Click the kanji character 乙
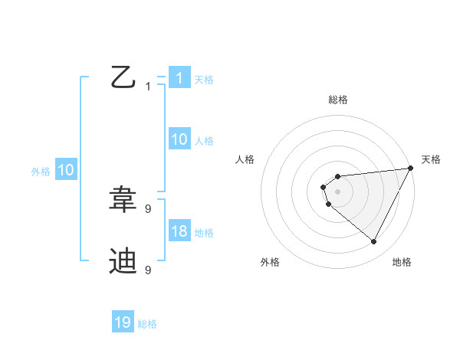tap(123, 77)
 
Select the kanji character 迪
tap(123, 261)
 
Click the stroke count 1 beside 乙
tap(148, 87)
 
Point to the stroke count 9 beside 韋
tap(148, 208)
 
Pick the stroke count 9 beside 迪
tap(148, 270)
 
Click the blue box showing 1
tap(179, 78)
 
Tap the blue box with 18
tap(179, 231)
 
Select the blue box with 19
tap(123, 322)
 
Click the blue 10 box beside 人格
tap(179, 139)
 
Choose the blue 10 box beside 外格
tap(66, 170)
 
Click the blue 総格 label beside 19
tap(147, 324)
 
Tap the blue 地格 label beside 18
tap(204, 233)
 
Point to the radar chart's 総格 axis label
tap(337, 100)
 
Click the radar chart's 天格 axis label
tap(431, 159)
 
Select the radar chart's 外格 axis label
tap(270, 262)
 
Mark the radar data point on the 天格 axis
tap(411, 168)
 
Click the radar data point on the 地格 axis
tap(374, 242)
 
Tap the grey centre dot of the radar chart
tap(337, 191)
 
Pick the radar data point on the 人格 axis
tap(324, 187)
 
